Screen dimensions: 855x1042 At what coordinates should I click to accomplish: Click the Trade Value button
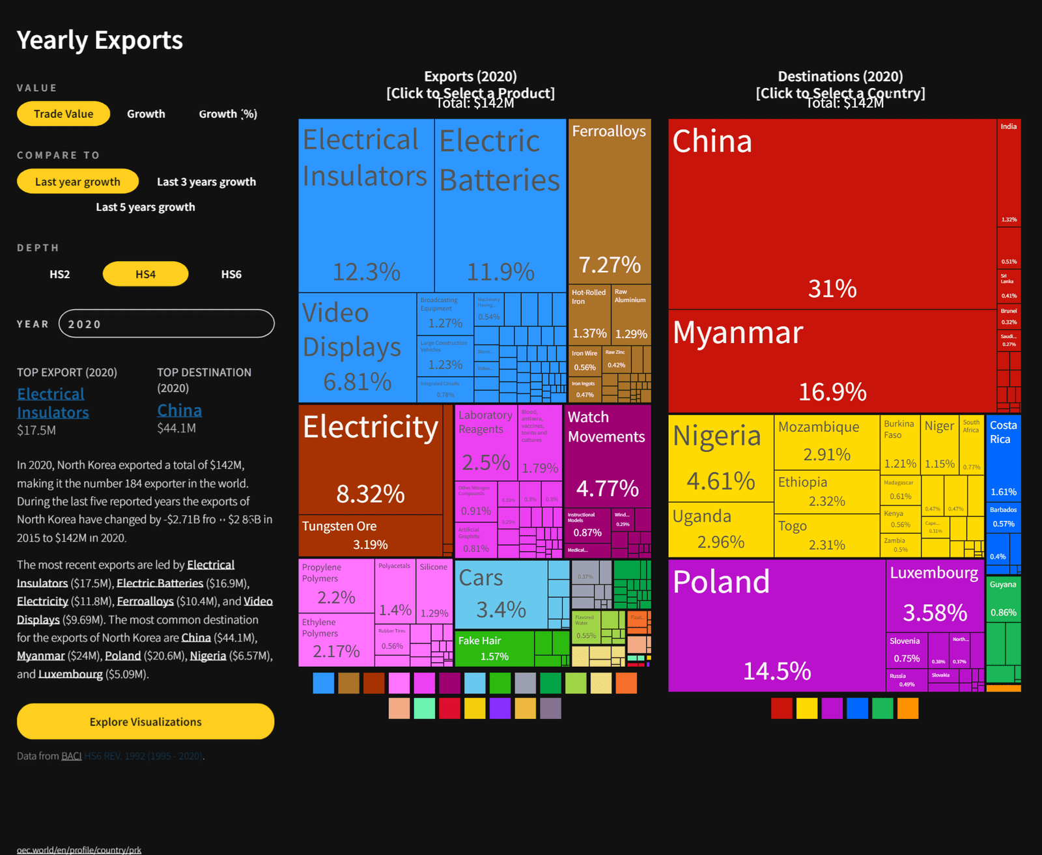[x=63, y=114]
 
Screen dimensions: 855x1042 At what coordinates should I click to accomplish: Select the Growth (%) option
[x=228, y=114]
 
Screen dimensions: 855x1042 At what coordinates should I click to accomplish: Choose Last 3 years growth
[x=206, y=182]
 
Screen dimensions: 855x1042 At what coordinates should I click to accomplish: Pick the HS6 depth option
[x=231, y=274]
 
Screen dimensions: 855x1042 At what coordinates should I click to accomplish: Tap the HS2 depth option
[x=60, y=274]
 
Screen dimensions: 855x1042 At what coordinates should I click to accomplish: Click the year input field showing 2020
[x=166, y=324]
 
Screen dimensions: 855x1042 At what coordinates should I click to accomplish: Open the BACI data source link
[x=71, y=756]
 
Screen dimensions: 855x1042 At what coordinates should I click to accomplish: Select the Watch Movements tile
[x=607, y=456]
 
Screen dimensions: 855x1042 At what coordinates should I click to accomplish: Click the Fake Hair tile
[x=494, y=649]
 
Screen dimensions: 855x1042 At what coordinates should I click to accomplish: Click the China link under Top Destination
[x=180, y=410]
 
